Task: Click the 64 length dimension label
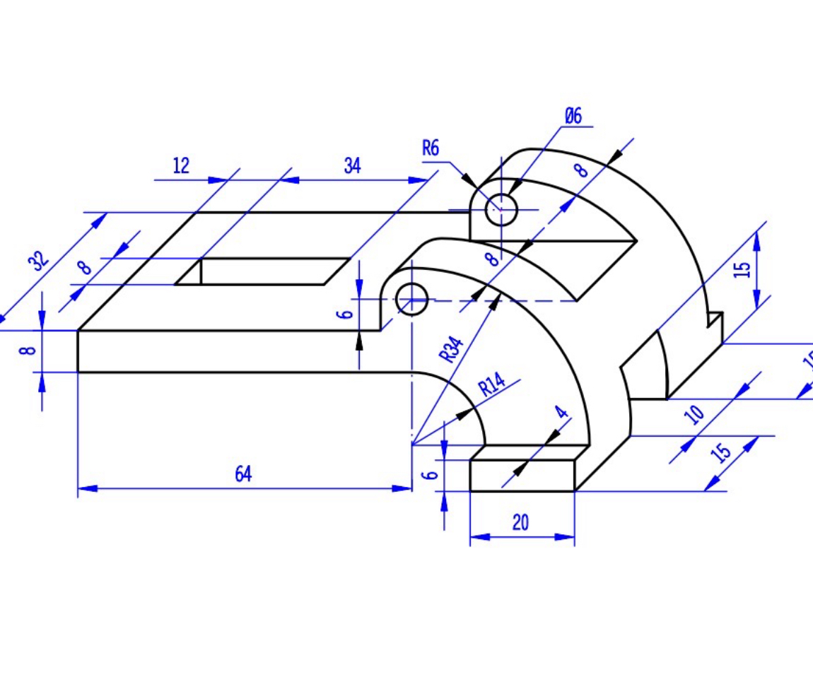[x=243, y=474]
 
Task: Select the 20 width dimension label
[x=520, y=523]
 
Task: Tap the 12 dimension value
[x=181, y=166]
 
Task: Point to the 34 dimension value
[x=352, y=166]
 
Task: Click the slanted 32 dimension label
[x=40, y=261]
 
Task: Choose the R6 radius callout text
[x=431, y=148]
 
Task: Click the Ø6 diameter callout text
[x=573, y=116]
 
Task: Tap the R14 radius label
[x=492, y=385]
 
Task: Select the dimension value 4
[x=562, y=412]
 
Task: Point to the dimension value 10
[x=696, y=412]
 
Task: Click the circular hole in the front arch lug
[x=412, y=299]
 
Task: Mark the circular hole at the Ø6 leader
[x=501, y=209]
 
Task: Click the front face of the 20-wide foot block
[x=522, y=476]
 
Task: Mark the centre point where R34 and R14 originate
[x=411, y=445]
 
